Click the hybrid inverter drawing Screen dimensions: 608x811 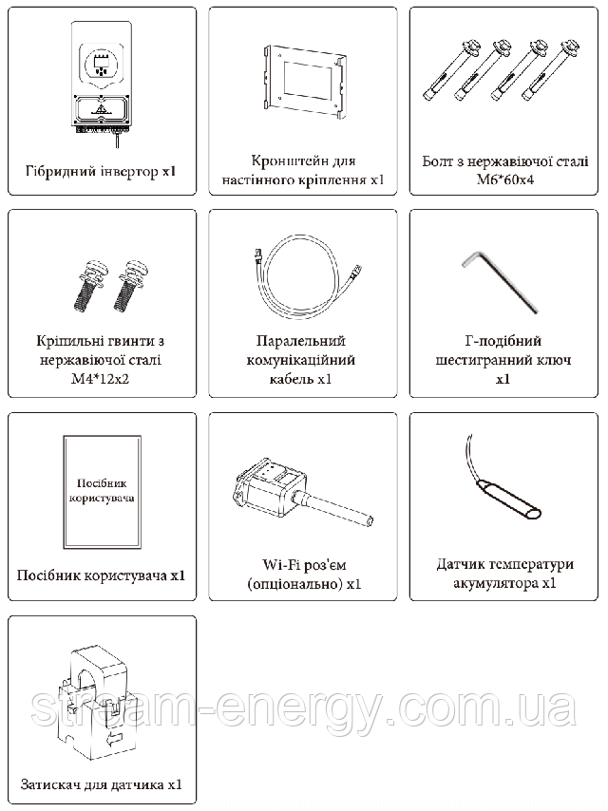102,89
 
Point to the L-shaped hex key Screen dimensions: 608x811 501,281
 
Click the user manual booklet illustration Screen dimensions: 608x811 102,492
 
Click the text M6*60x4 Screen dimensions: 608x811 505,180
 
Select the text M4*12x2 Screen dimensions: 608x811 100,379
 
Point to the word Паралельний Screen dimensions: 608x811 300,341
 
